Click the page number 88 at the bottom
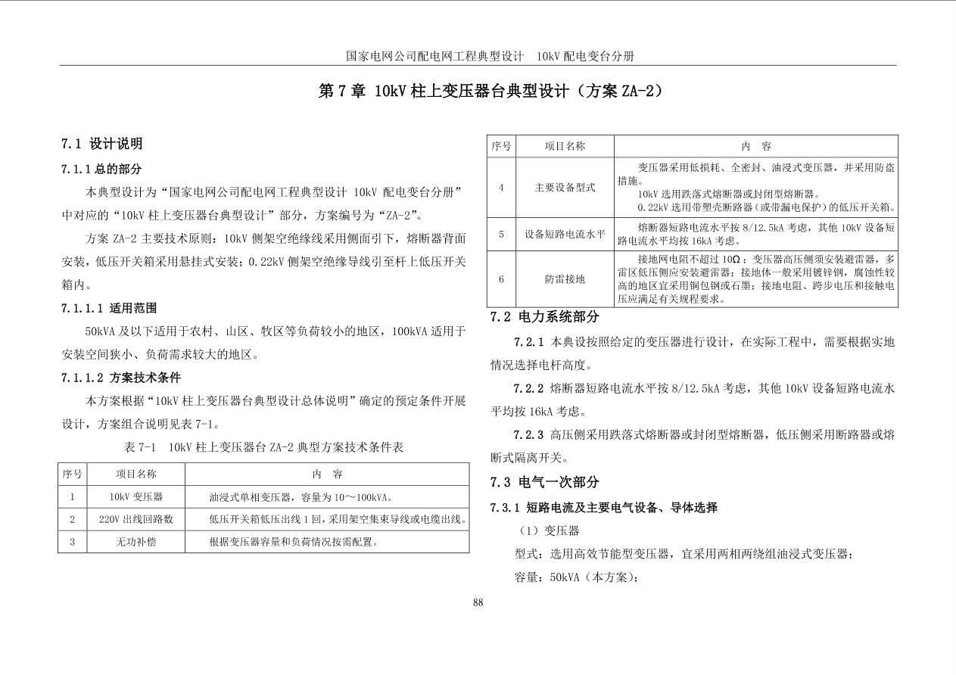[478, 602]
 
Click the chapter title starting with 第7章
[491, 92]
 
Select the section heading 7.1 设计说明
[101, 144]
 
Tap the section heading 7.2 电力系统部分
[544, 317]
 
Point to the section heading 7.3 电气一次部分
[544, 482]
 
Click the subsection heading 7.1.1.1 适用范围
[110, 308]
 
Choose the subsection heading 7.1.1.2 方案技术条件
[121, 378]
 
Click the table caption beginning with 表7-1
[263, 447]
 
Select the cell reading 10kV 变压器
[136, 497]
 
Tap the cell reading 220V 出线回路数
[136, 519]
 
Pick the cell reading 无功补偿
[136, 542]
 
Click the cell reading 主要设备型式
[565, 187]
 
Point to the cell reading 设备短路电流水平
[565, 235]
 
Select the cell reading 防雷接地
[565, 279]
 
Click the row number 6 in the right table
[501, 279]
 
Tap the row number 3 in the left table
[72, 542]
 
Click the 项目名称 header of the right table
[565, 146]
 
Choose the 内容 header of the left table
[327, 474]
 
